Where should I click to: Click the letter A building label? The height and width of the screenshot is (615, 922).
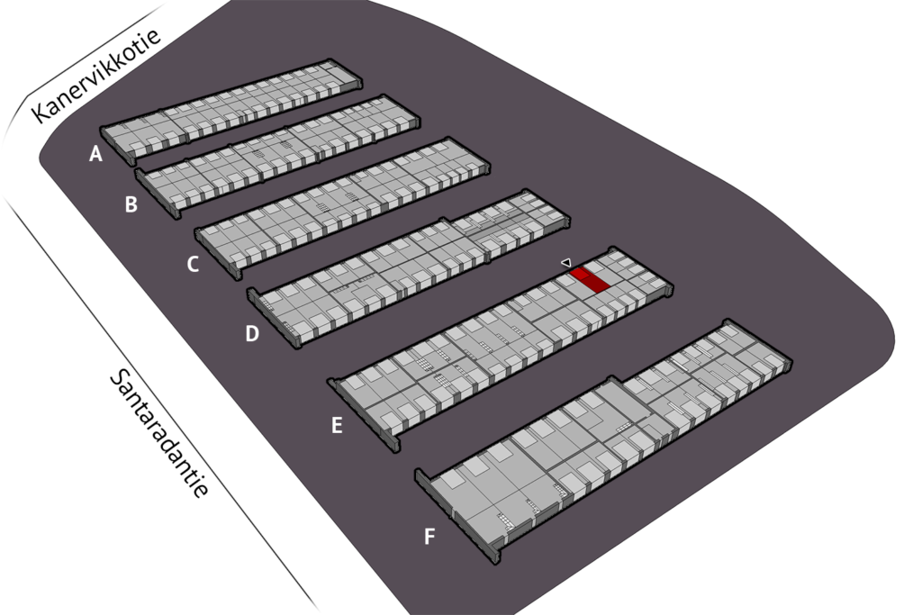[95, 155]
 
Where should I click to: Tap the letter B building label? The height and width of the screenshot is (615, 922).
[131, 205]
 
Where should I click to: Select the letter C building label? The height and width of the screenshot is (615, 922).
[192, 265]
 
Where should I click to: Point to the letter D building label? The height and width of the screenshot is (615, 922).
[252, 334]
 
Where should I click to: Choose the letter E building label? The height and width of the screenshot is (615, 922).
[337, 426]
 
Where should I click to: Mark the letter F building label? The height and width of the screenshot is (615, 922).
[429, 538]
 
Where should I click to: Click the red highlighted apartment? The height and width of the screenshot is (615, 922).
[591, 279]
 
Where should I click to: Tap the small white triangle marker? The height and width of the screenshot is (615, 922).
[566, 262]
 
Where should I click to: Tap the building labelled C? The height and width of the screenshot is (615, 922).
[342, 205]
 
